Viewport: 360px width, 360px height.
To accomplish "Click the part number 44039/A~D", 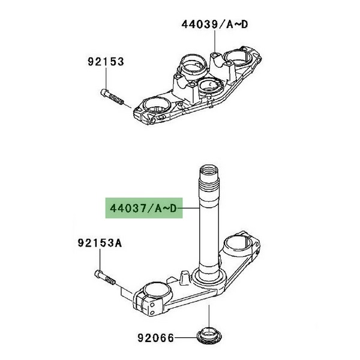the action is pyautogui.click(x=215, y=25).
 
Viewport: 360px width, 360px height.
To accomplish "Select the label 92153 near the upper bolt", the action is pyautogui.click(x=106, y=62).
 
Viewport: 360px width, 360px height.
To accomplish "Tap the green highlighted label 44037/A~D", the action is pyautogui.click(x=144, y=208).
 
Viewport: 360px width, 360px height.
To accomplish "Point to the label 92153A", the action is pyautogui.click(x=100, y=243).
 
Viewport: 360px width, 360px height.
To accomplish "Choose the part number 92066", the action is pyautogui.click(x=155, y=338).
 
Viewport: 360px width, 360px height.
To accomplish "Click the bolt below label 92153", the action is pyautogui.click(x=112, y=97).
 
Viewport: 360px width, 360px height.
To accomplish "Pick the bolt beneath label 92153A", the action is pyautogui.click(x=105, y=277).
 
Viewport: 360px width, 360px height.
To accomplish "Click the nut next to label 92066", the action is pyautogui.click(x=209, y=337).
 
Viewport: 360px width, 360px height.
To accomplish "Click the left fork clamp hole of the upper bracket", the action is pyautogui.click(x=157, y=106).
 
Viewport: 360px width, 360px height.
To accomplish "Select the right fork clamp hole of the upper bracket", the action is pyautogui.click(x=239, y=59).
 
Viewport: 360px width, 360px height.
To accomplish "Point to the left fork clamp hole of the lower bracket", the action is pyautogui.click(x=157, y=291).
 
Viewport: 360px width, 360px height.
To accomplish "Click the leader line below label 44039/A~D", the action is pyautogui.click(x=215, y=42).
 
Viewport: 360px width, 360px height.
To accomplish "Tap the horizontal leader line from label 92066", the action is pyautogui.click(x=186, y=338).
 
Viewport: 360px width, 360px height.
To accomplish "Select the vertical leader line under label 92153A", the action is pyautogui.click(x=100, y=259).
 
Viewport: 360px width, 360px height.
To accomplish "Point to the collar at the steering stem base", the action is pyautogui.click(x=208, y=276).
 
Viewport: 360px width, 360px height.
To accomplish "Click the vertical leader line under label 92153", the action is pyautogui.click(x=106, y=78).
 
